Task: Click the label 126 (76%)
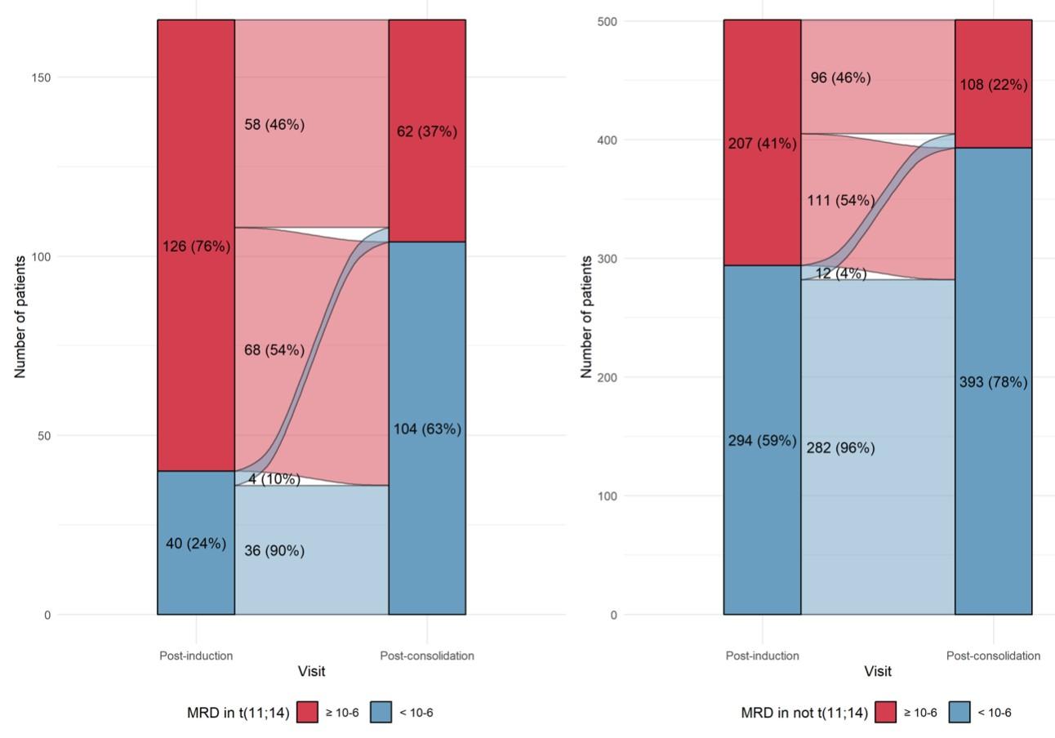point(196,247)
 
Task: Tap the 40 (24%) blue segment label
point(196,544)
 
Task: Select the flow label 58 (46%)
point(274,125)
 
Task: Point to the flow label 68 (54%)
point(274,350)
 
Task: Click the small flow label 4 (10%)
point(274,479)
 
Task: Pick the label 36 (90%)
point(274,551)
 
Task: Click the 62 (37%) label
point(427,131)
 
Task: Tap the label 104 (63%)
point(427,429)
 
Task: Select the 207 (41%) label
point(762,144)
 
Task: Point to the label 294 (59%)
point(762,441)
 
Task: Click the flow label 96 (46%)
point(840,78)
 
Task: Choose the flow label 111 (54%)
point(840,201)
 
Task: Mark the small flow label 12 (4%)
point(840,273)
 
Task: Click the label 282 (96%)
point(840,448)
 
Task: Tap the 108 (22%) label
point(993,85)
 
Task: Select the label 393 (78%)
point(993,382)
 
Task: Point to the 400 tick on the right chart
point(607,140)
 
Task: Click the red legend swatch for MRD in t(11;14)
point(307,712)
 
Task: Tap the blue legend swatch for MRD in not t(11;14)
point(959,712)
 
